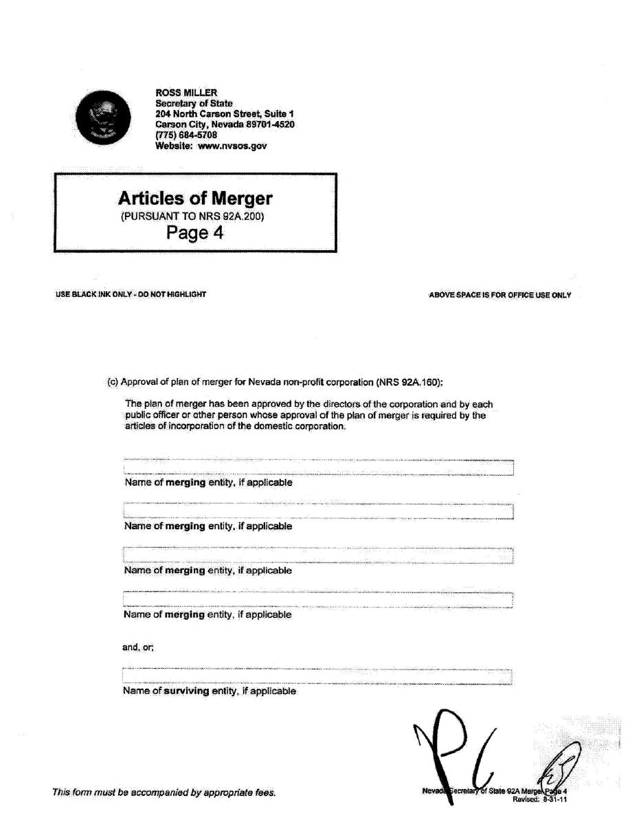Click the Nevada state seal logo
coord(103,118)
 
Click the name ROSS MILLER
coord(186,93)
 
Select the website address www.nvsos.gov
coord(232,146)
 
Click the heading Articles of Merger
coord(195,199)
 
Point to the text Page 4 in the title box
coord(195,233)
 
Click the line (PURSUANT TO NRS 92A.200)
coord(192,217)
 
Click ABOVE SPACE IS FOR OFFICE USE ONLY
coord(499,296)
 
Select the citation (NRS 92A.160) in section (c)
coord(409,382)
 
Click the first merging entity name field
coord(318,468)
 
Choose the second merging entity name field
coord(318,511)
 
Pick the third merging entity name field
coord(318,555)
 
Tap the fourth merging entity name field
coord(318,599)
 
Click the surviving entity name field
coord(317,676)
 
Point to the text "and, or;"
coord(138,647)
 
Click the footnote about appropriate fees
coord(164,793)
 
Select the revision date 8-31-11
coord(554,799)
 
